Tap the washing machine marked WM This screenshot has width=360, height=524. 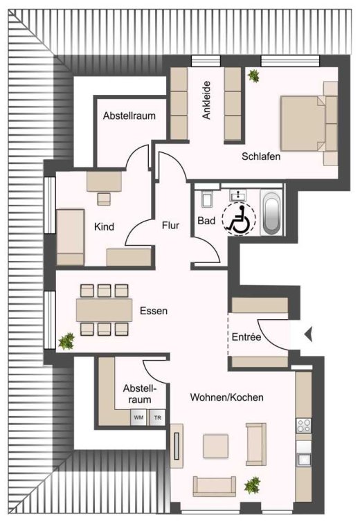(x=138, y=417)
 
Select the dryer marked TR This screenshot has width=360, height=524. (x=157, y=417)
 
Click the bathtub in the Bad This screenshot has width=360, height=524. (x=272, y=213)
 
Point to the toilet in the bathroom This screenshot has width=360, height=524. (x=206, y=199)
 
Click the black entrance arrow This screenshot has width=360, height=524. (x=308, y=334)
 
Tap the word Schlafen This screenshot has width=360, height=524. (x=261, y=156)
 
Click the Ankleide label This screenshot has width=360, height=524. (x=206, y=100)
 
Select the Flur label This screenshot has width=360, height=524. (x=170, y=225)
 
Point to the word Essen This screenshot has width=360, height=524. (x=154, y=311)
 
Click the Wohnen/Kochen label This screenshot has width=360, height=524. (x=226, y=397)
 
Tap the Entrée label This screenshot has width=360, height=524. (x=246, y=336)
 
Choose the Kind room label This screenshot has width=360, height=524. (x=104, y=226)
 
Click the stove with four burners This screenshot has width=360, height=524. (x=304, y=426)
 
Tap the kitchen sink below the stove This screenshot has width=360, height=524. (x=304, y=459)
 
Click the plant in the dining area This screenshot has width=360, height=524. (x=66, y=341)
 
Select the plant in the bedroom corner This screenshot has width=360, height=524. (x=253, y=76)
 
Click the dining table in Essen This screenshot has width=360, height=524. (x=104, y=310)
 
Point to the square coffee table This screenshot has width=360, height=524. (x=216, y=446)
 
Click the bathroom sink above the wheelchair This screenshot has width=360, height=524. (x=237, y=195)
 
